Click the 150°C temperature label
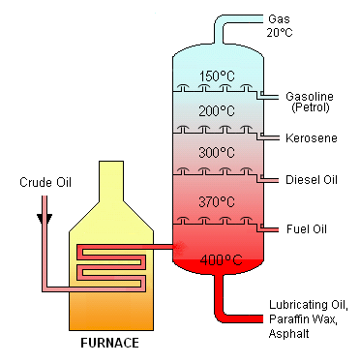point(216,76)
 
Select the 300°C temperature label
point(216,153)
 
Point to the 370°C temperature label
point(216,202)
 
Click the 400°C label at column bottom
point(216,260)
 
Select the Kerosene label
point(310,139)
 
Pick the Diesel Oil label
point(313,180)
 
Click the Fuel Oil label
point(307,228)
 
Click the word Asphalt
point(288,334)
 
